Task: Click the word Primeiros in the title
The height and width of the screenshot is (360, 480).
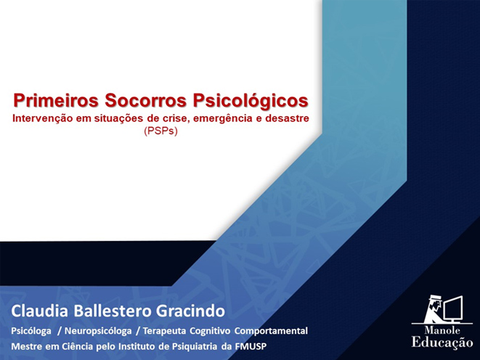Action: [56, 100]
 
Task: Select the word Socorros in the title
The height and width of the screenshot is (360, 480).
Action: [146, 100]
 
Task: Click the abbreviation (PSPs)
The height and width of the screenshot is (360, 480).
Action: [160, 131]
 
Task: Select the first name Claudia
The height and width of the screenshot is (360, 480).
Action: [39, 311]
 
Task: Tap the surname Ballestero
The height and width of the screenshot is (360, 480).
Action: [113, 311]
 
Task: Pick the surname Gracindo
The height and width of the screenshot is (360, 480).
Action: [190, 311]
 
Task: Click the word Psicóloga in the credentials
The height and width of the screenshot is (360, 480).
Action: [31, 331]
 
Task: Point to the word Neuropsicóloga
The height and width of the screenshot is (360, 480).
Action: [98, 331]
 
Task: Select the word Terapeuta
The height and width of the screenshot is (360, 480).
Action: [164, 331]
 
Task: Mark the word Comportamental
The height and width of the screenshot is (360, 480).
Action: [271, 331]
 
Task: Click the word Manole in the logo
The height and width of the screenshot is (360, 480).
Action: [442, 330]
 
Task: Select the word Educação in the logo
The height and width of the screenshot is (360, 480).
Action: [442, 343]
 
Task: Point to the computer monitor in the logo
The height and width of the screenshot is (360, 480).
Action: [452, 308]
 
